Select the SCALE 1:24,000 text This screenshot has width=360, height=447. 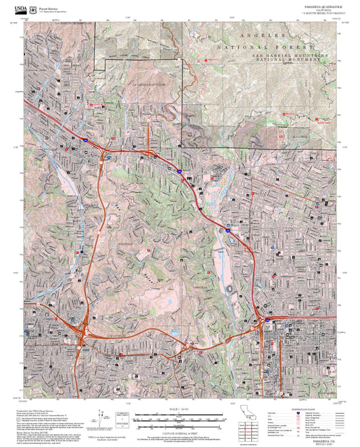[x=180, y=409]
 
